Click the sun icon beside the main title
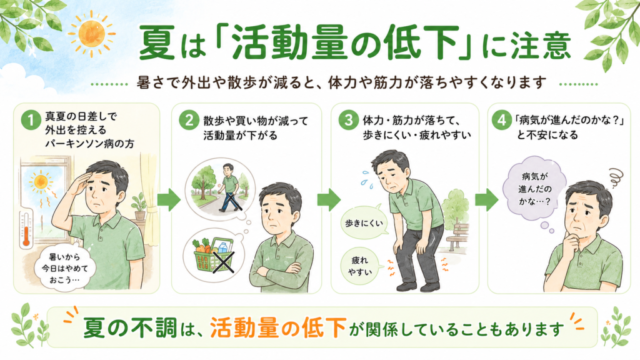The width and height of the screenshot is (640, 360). (91, 34)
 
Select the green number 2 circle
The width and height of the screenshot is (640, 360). (189, 120)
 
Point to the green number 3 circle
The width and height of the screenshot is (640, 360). (349, 120)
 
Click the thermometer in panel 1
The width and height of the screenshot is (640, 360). (26, 229)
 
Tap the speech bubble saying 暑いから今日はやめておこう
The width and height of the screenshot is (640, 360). (64, 268)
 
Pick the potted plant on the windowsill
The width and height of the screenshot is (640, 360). (139, 207)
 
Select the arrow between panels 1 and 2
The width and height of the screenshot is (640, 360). (169, 200)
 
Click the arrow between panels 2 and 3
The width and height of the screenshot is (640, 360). (329, 200)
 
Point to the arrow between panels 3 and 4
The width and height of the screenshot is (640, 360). (487, 200)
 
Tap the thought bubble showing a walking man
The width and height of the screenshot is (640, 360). (220, 189)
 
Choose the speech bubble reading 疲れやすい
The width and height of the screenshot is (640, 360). (360, 266)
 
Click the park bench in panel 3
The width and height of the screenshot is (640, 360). (457, 238)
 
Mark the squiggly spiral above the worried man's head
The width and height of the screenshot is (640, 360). (613, 178)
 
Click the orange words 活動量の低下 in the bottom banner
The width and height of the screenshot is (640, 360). (278, 328)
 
